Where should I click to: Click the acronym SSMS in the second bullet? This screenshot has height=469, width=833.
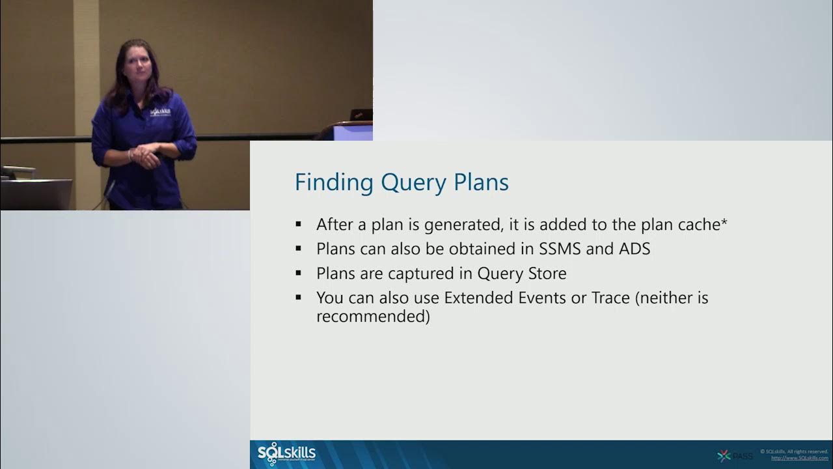562,249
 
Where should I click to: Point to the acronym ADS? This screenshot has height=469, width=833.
635,249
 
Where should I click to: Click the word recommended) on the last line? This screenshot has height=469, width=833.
373,317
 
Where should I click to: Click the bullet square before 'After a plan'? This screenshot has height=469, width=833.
299,225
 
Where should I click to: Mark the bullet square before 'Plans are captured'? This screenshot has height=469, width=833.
299,273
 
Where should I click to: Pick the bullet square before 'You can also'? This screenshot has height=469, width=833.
299,298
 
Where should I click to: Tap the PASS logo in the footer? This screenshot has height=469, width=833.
735,456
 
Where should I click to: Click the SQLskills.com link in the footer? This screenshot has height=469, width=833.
799,458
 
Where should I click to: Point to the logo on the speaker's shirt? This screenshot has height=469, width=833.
160,113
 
